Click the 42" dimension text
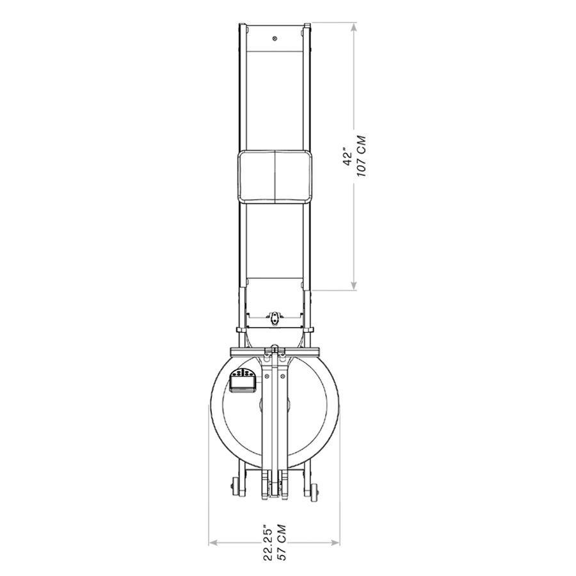pyautogui.click(x=347, y=158)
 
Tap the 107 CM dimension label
pyautogui.click(x=361, y=157)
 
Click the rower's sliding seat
pyautogui.click(x=275, y=174)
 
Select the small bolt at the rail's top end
pyautogui.click(x=275, y=38)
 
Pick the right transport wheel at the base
pyautogui.click(x=314, y=490)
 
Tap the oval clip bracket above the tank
pyautogui.click(x=275, y=318)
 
